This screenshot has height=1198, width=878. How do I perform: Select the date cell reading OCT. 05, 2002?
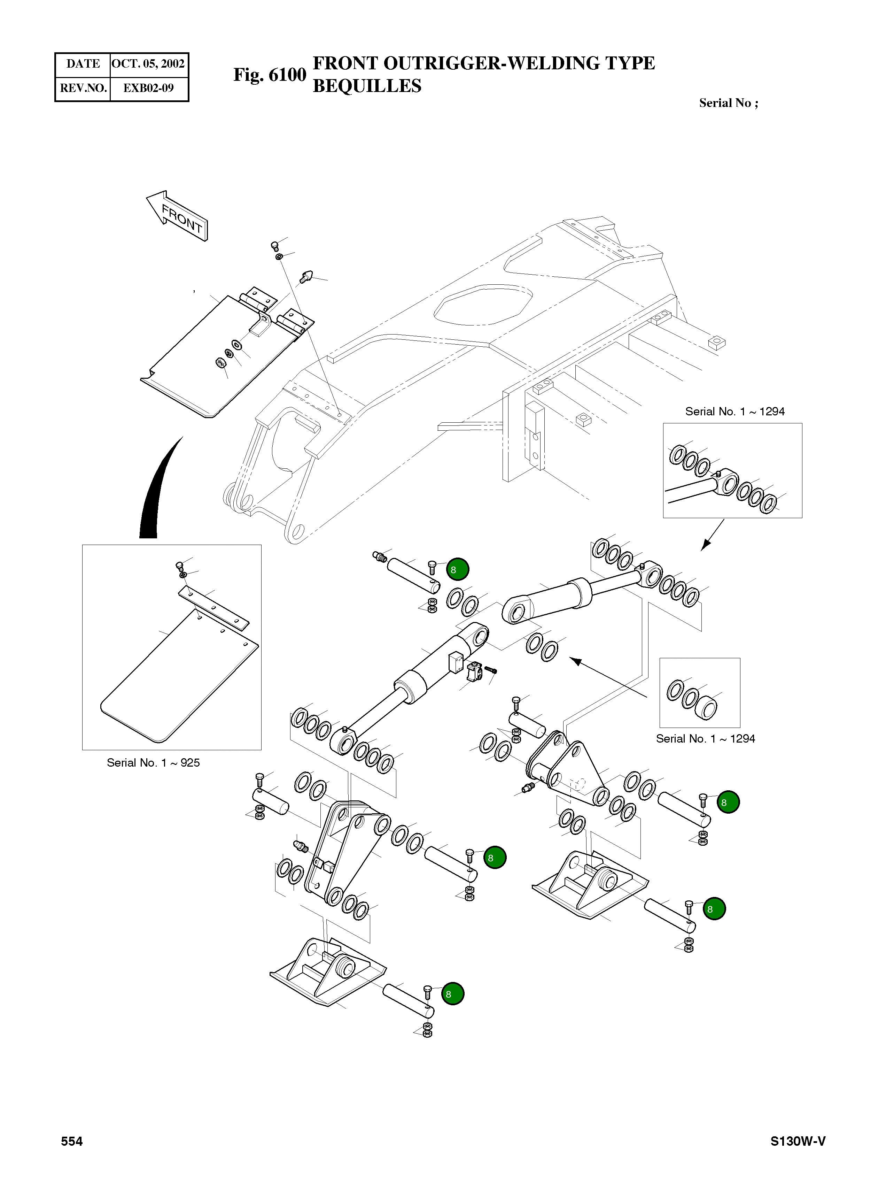[x=148, y=64]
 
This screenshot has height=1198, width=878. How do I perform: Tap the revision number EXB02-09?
[x=148, y=88]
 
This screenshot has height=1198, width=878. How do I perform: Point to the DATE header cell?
[x=83, y=64]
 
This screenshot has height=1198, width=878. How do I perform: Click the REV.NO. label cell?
[x=83, y=88]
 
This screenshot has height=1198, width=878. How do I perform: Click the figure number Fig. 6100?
[x=270, y=75]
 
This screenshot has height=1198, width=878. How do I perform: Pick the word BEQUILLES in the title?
[x=367, y=86]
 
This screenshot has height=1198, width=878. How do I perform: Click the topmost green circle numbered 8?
[x=458, y=569]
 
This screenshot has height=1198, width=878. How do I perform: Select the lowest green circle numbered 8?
[x=453, y=994]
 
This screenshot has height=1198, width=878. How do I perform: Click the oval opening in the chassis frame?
[x=483, y=305]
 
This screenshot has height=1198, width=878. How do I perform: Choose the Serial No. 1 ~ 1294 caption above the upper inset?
[x=735, y=411]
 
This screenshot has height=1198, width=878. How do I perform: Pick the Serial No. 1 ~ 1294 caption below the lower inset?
[x=705, y=739]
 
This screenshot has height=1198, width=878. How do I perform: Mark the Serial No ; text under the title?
[x=728, y=103]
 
